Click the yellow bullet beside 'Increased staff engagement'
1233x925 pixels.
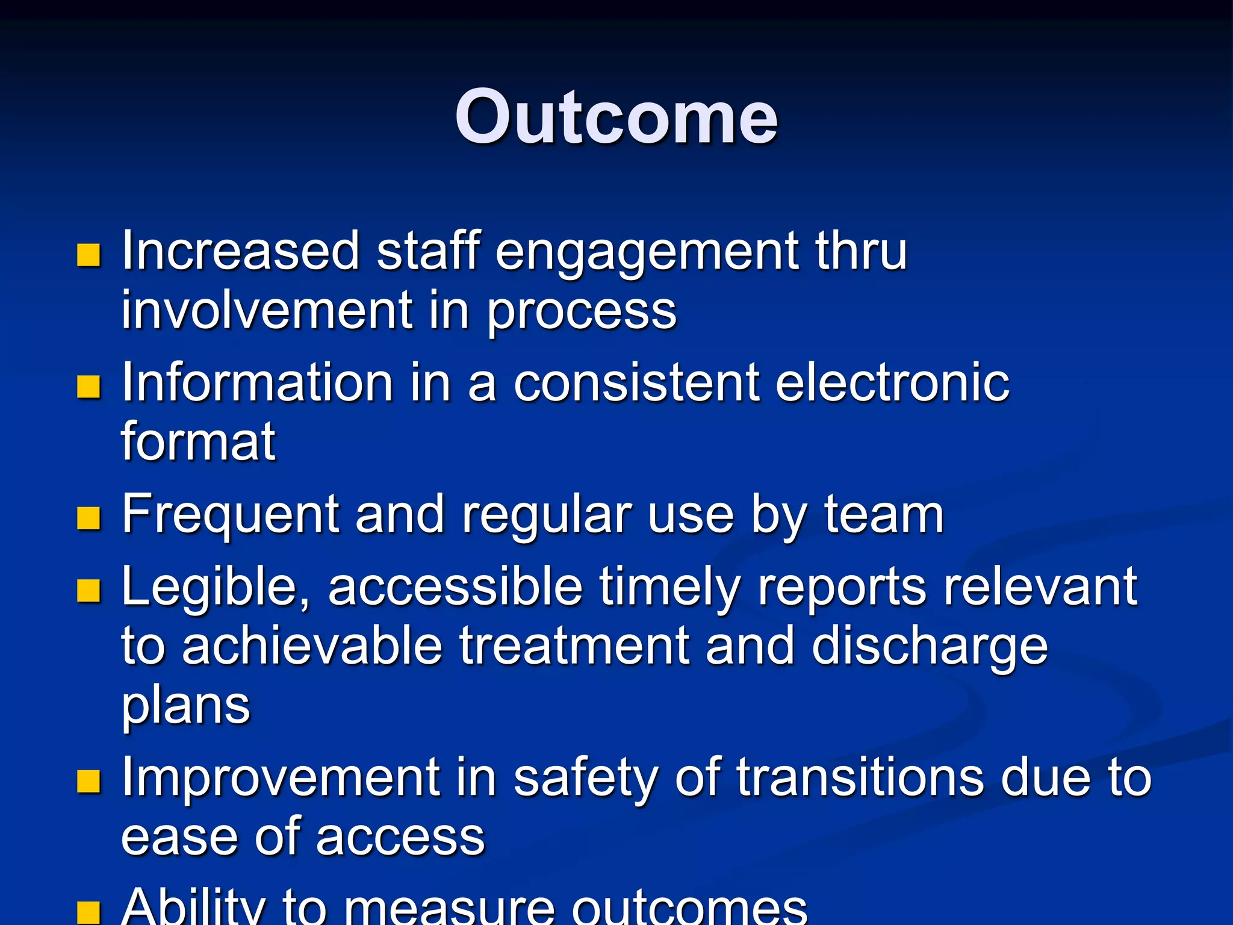tap(89, 255)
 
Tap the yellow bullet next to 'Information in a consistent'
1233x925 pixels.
tap(89, 387)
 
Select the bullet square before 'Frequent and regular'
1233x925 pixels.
tap(89, 518)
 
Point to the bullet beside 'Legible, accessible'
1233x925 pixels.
tap(89, 591)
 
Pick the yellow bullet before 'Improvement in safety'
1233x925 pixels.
tap(89, 782)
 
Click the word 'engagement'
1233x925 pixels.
tap(647, 253)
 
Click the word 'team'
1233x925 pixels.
tap(883, 514)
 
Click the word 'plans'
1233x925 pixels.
tap(185, 706)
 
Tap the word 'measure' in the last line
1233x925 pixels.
tap(449, 907)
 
